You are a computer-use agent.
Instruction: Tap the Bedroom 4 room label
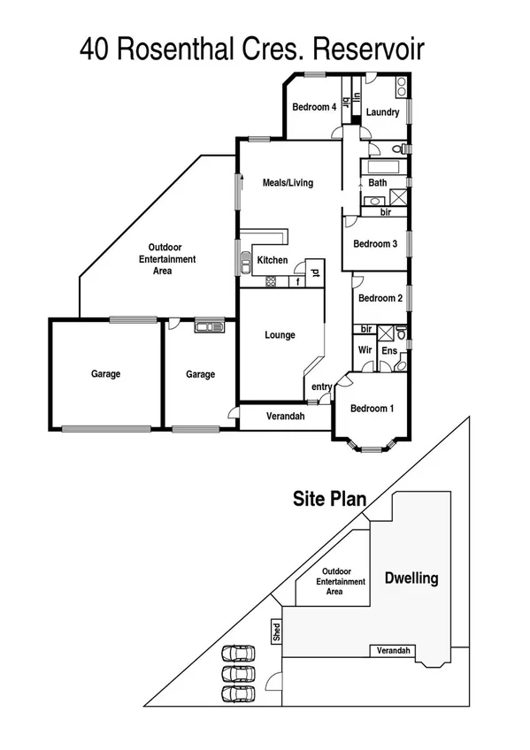coord(314,108)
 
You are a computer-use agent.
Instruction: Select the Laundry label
coord(382,112)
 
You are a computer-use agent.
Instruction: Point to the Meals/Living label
coord(288,183)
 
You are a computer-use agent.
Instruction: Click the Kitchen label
coord(272,260)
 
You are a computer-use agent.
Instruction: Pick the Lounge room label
coord(280,335)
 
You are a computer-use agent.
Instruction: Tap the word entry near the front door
coord(320,386)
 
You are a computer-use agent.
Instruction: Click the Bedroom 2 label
coord(380,298)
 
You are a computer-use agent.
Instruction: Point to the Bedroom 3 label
coord(374,244)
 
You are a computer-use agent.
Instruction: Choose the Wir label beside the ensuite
coord(365,351)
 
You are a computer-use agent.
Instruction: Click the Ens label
coord(388,351)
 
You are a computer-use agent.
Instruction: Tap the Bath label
coord(378,183)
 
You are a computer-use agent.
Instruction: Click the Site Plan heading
coord(329,499)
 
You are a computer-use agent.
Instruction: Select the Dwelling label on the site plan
coord(411,578)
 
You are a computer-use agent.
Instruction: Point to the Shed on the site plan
coord(276,632)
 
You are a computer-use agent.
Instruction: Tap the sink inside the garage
coord(210,326)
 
